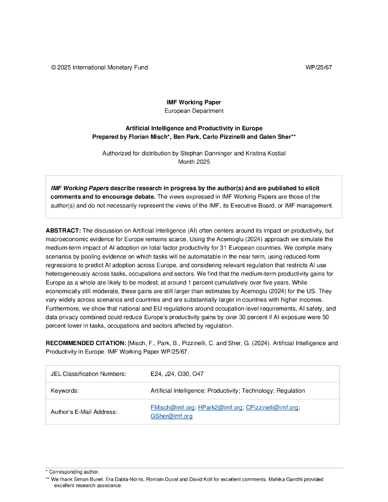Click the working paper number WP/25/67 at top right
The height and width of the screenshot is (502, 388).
318,67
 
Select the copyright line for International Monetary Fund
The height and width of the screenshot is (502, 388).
99,67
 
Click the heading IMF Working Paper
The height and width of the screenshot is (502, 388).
194,102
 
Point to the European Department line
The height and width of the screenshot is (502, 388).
194,111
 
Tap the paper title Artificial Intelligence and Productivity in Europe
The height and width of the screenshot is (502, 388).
194,128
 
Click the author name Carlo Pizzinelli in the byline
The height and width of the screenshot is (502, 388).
232,137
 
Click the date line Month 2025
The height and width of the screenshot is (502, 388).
194,161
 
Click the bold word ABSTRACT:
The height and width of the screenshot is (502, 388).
63,230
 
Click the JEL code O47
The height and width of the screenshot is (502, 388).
198,374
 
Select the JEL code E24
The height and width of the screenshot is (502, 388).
157,374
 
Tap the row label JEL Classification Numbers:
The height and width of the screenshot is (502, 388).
88,374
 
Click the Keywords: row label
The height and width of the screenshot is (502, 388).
65,391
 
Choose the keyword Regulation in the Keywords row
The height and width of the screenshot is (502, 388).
290,391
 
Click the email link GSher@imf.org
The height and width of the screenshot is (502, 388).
171,416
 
